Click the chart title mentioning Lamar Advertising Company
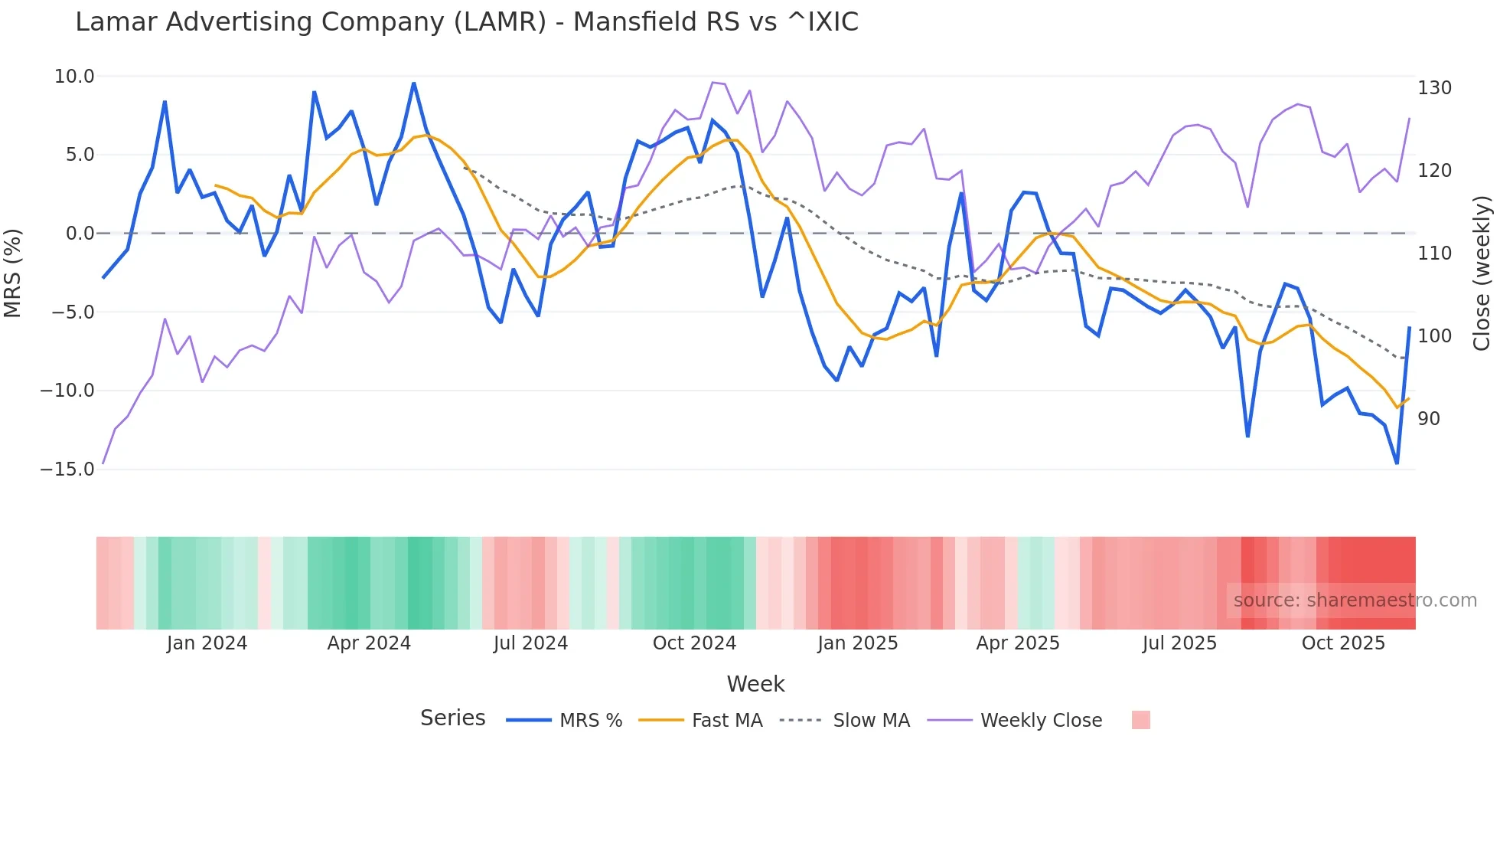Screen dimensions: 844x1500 tap(467, 22)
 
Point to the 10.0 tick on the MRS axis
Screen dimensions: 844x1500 tap(74, 77)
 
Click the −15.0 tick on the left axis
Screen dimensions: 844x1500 tap(68, 469)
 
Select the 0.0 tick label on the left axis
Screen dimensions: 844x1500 tap(80, 234)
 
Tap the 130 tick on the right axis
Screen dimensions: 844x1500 tap(1434, 88)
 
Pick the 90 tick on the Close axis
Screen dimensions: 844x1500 tap(1429, 419)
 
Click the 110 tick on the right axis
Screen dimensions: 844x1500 tap(1434, 254)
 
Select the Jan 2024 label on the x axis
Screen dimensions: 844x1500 tap(207, 643)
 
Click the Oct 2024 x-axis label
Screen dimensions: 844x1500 tap(694, 643)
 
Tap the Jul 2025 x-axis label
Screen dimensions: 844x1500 tap(1179, 643)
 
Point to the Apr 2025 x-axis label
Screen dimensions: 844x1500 tap(1018, 643)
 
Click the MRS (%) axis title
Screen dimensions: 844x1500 tap(13, 273)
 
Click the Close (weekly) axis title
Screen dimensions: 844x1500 tap(1482, 273)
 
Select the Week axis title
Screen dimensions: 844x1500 tap(755, 684)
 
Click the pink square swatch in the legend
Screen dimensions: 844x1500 tap(1140, 720)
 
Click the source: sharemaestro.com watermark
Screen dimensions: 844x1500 tap(1355, 600)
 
